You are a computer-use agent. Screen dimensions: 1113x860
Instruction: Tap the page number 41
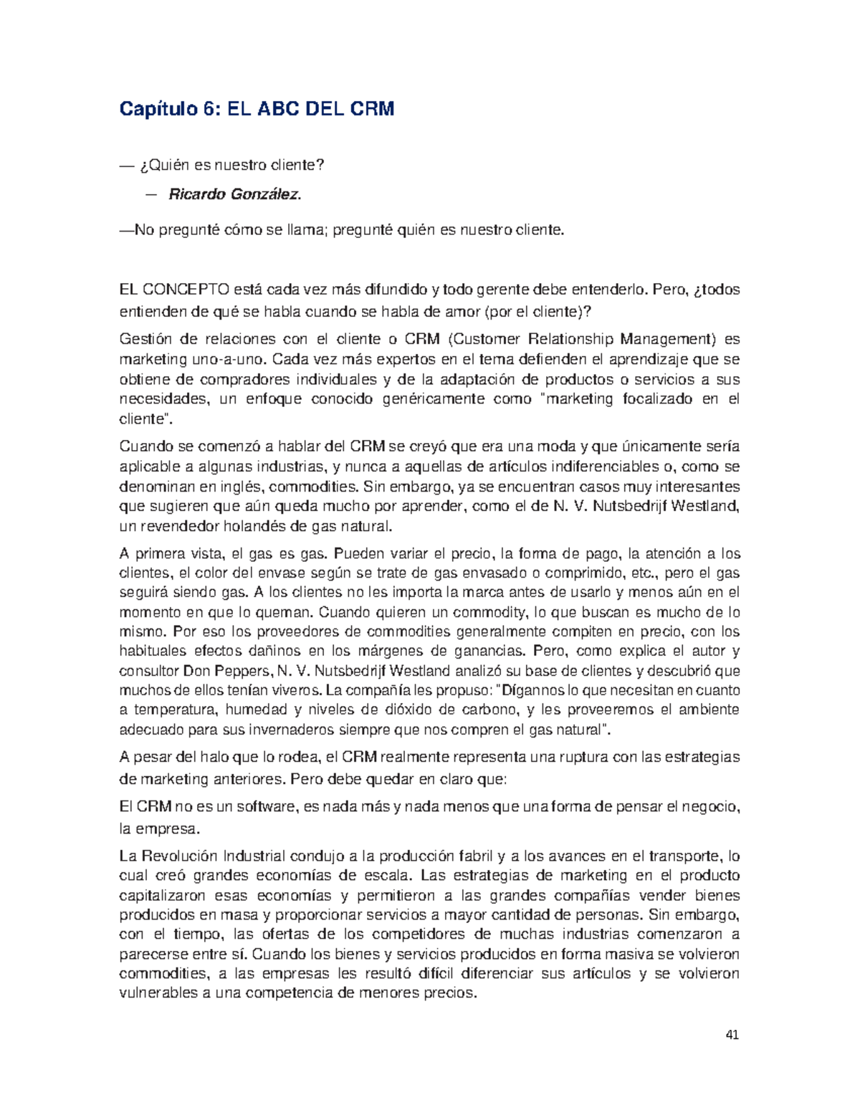[732, 1035]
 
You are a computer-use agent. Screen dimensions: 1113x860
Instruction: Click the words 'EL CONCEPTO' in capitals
[174, 290]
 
